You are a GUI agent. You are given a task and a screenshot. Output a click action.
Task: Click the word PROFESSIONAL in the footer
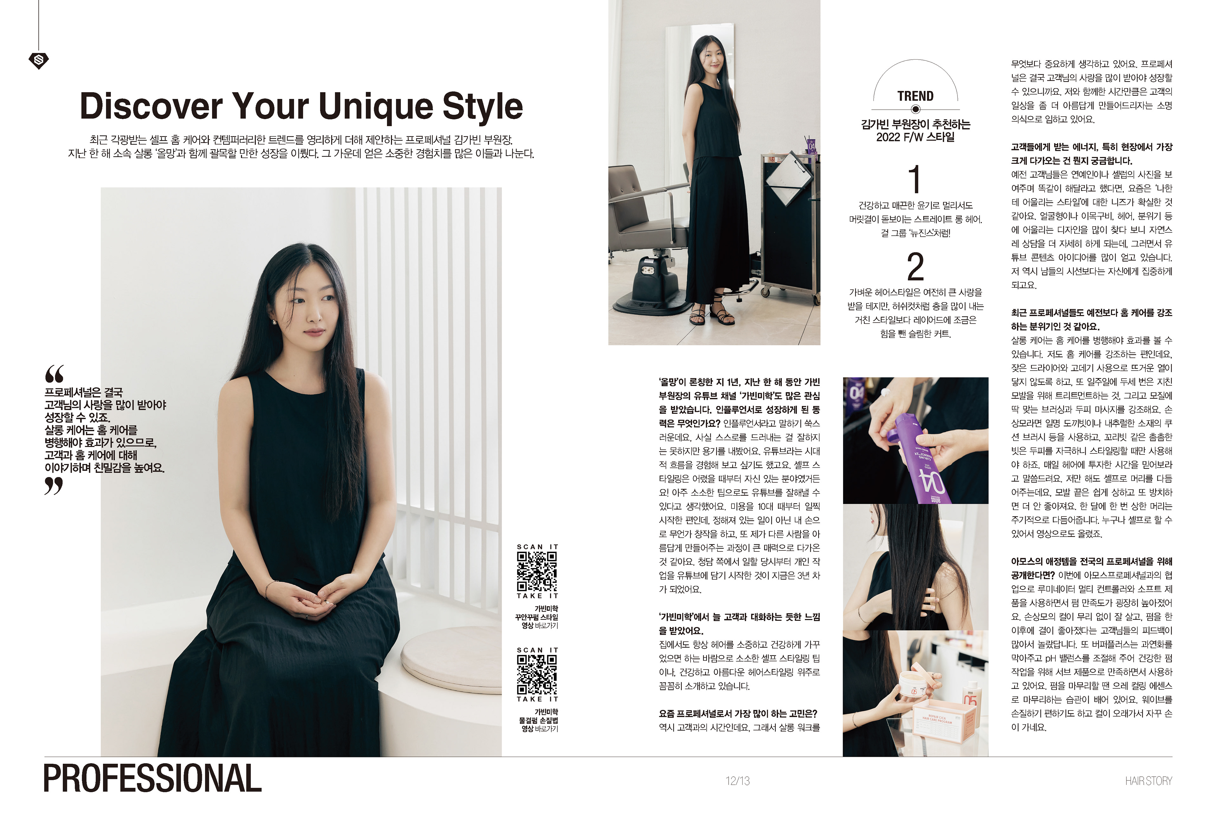152,779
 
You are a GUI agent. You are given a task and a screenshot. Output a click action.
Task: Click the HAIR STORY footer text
1148,781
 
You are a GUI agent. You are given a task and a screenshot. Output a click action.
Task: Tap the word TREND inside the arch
915,96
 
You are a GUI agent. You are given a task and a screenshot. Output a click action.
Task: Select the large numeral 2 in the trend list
915,267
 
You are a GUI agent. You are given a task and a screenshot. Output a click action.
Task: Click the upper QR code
537,571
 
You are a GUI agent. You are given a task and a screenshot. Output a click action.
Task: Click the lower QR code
537,674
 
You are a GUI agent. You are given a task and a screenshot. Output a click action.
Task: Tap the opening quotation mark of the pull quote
54,374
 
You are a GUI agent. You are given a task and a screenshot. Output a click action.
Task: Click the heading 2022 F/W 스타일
915,138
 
